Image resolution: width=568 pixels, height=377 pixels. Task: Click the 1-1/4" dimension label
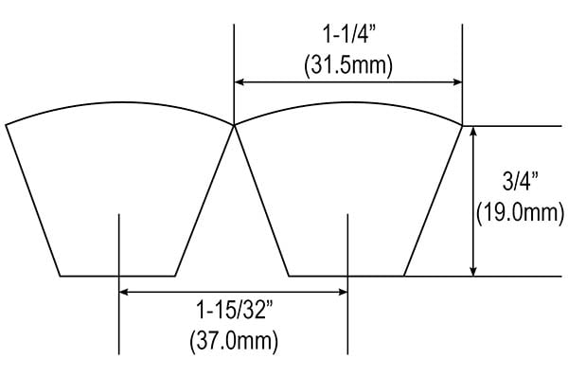point(349,35)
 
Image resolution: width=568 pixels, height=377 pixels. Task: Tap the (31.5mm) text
point(348,65)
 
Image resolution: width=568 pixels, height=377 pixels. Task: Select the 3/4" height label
point(520,181)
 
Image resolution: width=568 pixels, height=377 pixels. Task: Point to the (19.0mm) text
point(520,213)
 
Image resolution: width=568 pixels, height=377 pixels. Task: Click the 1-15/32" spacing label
point(234,310)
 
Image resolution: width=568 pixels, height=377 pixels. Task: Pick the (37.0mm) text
point(234,341)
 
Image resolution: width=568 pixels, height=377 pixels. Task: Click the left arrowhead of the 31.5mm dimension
point(239,82)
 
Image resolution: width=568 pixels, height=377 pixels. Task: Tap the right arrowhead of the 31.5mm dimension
point(458,82)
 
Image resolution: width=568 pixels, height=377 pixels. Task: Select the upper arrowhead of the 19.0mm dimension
point(473,131)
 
